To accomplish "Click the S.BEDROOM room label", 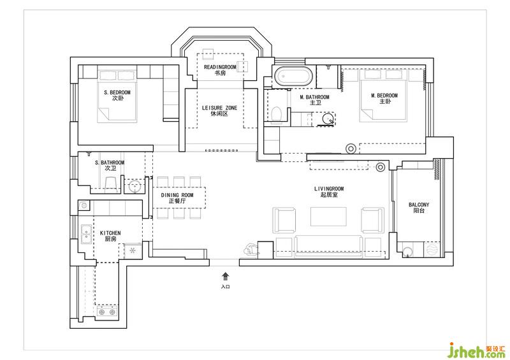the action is point(117,92).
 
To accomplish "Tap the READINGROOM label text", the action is point(220,67).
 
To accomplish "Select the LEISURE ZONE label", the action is point(219,108).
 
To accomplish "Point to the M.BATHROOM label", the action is point(314,97).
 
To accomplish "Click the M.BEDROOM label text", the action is point(384,96).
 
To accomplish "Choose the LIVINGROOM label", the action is point(329,189).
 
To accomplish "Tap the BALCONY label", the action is point(419,205).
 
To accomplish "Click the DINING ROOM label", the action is point(177,195).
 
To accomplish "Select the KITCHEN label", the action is point(110,233).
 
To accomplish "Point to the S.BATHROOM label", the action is point(110,162).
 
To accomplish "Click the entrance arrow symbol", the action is point(226,277).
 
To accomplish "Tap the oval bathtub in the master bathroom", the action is point(293,76).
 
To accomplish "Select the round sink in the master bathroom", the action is point(328,119).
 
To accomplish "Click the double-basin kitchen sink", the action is point(87,234).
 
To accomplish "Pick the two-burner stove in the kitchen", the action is point(107,312).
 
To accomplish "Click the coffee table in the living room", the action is point(328,216).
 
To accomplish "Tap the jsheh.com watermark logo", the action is point(476,350).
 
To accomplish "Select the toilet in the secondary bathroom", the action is point(111,183).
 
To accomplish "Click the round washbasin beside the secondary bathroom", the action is point(135,187).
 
